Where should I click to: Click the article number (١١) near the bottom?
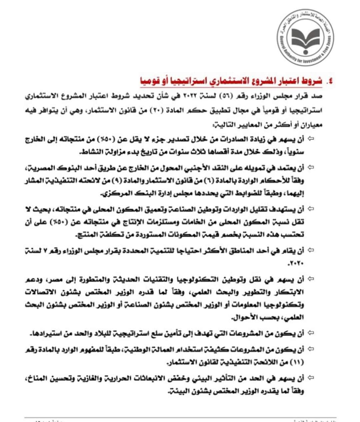tap(297, 362)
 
